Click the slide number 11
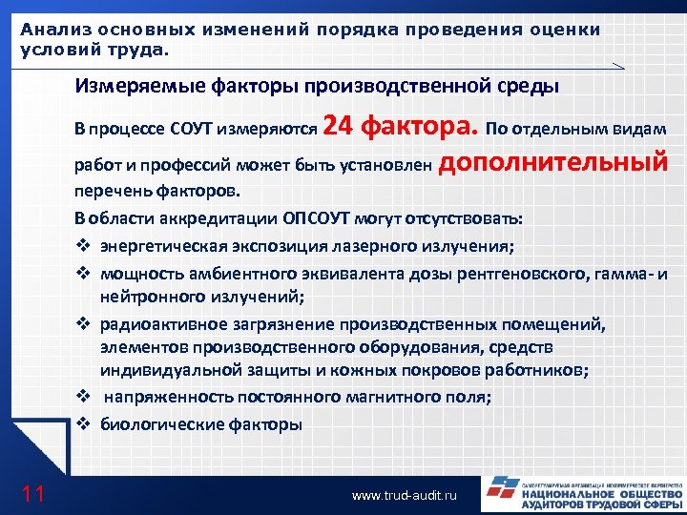coord(33,493)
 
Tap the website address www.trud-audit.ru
coord(405,496)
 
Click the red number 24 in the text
coord(340,125)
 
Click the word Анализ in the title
coord(53,29)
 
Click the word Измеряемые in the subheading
coord(134,88)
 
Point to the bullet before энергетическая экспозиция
coord(82,246)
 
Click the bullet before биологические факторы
coord(82,423)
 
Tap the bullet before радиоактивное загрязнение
coord(82,324)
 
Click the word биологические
coord(157,423)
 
